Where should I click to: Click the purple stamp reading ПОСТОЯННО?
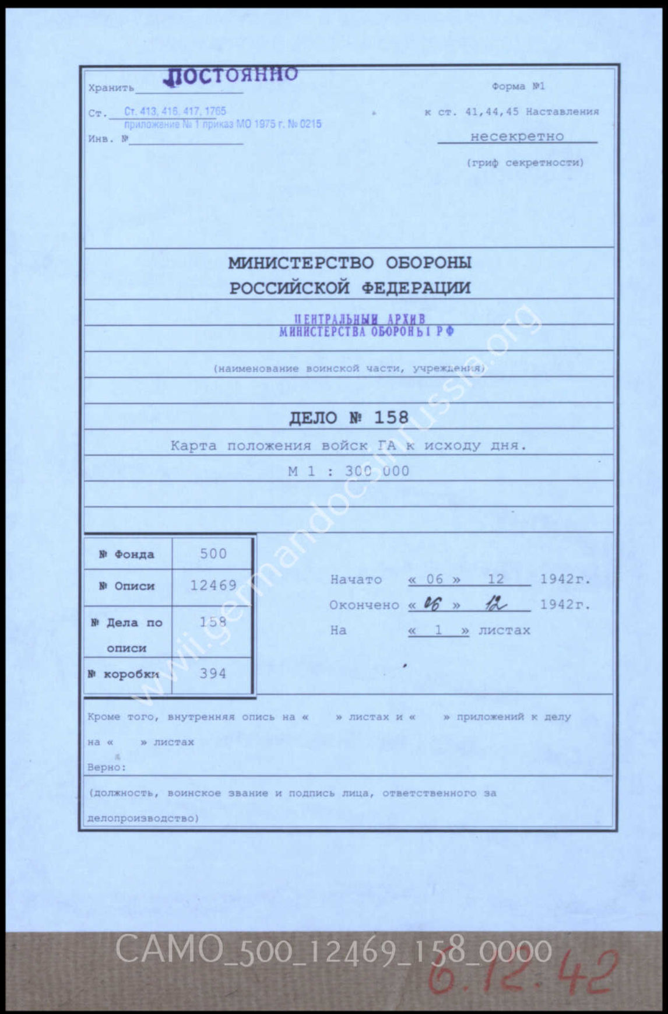click(231, 76)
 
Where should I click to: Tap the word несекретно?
click(517, 136)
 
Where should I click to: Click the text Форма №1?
click(518, 86)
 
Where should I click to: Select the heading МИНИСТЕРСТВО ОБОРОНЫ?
click(350, 263)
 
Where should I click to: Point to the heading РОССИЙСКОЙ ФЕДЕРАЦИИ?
click(350, 288)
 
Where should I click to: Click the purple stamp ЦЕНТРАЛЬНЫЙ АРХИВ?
click(360, 320)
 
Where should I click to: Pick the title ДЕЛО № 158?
click(349, 417)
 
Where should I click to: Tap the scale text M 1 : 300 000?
click(349, 471)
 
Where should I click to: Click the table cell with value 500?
click(213, 553)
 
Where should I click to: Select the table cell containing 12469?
click(213, 585)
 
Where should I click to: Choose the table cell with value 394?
click(213, 673)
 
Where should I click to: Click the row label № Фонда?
click(126, 554)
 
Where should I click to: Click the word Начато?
click(356, 580)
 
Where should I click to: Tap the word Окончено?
click(364, 605)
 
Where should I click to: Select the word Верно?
click(107, 767)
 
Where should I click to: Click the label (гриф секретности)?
click(525, 163)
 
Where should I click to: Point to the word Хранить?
click(111, 88)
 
